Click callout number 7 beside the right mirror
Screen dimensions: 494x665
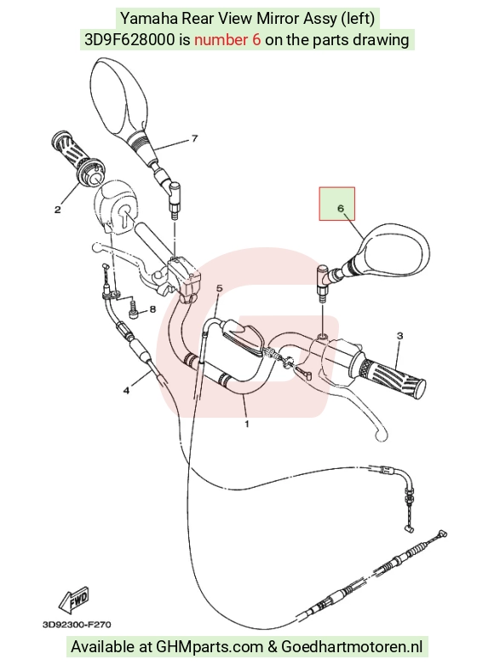(194, 138)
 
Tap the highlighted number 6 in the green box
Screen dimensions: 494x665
(341, 208)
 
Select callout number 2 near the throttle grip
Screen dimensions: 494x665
(57, 210)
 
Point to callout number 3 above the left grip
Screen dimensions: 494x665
(400, 336)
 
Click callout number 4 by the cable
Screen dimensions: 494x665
(126, 390)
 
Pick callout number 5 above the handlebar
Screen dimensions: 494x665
(220, 288)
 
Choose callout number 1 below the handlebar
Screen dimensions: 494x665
(247, 423)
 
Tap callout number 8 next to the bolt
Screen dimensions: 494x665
(152, 309)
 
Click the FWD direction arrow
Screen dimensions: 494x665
(75, 599)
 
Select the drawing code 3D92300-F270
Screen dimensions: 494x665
(78, 624)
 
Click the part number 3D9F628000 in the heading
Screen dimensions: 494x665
(129, 40)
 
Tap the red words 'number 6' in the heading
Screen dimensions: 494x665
(227, 40)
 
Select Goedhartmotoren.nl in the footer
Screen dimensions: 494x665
(352, 647)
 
